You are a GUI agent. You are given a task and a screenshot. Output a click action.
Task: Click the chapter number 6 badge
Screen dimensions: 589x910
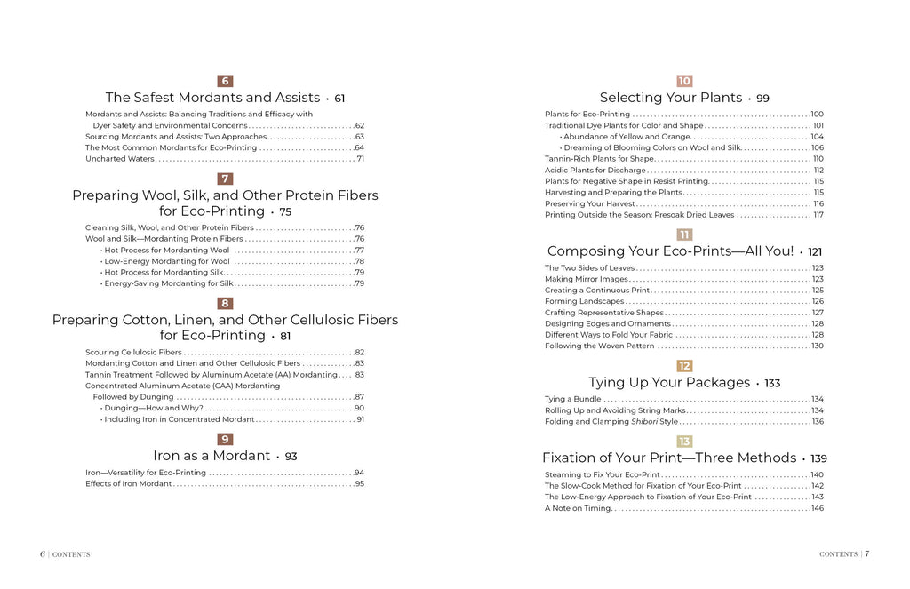pyautogui.click(x=225, y=81)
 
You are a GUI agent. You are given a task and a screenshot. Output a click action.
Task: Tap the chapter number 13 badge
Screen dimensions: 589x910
pyautogui.click(x=684, y=441)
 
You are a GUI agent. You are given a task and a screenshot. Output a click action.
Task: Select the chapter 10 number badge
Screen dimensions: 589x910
pyautogui.click(x=684, y=81)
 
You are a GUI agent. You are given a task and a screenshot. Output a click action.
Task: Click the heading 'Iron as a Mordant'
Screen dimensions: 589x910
pyautogui.click(x=212, y=456)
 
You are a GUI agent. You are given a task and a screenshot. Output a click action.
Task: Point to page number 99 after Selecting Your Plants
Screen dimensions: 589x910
pyautogui.click(x=762, y=99)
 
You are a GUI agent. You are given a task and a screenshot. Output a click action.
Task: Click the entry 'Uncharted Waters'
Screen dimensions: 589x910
pyautogui.click(x=120, y=159)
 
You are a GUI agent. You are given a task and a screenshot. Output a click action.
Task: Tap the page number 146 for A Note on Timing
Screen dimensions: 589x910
pyautogui.click(x=817, y=508)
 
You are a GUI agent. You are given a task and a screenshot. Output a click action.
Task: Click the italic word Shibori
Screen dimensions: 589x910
pyautogui.click(x=643, y=422)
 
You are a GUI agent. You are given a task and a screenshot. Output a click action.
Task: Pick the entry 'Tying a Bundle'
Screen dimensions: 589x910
pyautogui.click(x=572, y=400)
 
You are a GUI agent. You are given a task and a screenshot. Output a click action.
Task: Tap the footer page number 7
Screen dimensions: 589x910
pyautogui.click(x=867, y=553)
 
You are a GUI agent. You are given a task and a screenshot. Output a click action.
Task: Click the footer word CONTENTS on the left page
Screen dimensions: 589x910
pyautogui.click(x=71, y=554)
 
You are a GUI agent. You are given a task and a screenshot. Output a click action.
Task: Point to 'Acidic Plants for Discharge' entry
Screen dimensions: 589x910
pyautogui.click(x=595, y=170)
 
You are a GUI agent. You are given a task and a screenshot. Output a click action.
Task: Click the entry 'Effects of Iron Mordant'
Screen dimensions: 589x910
pyautogui.click(x=128, y=484)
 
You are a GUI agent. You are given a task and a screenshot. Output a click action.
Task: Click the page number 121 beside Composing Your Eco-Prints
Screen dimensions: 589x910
pyautogui.click(x=815, y=252)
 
